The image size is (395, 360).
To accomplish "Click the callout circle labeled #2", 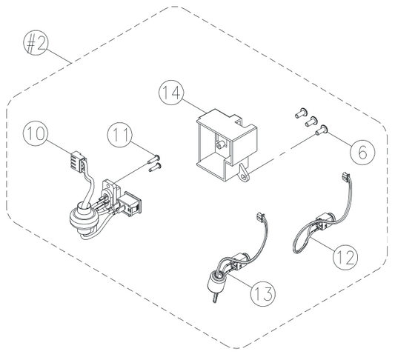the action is coord(36,43).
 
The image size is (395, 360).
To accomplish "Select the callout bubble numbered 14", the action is coord(171,93).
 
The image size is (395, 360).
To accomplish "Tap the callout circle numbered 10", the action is coord(36,133).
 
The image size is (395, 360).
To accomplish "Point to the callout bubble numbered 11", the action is coord(119,135).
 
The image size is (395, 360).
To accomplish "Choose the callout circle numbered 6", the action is coord(362,152).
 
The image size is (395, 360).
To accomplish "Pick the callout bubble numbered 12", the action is coord(345,257).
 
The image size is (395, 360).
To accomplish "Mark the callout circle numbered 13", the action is coord(263,293).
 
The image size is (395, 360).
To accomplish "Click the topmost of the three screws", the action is coord(301,113).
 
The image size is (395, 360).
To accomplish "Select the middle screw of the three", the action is coord(311,121).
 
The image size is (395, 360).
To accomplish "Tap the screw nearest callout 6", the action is coord(321,130).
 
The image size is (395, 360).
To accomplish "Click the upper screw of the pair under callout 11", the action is coord(153,159).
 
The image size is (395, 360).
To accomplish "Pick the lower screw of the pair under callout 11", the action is coord(155,167).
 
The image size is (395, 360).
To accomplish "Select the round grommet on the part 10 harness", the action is coord(82,219).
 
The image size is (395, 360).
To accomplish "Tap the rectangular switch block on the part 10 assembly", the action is coord(130,204).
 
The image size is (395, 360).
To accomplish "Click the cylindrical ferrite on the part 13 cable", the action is coord(216,280).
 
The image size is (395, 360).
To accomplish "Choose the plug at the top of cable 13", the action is coord(259,216).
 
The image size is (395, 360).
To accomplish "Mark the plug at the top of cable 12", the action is coord(345,176).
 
